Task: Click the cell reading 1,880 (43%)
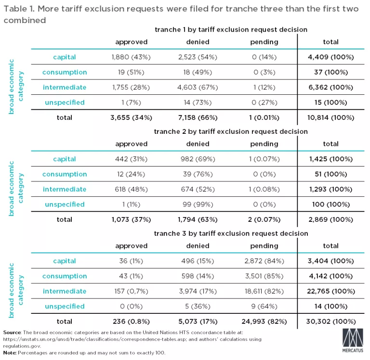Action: click(x=131, y=57)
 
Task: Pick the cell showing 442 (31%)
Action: click(x=131, y=159)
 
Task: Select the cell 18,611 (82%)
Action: click(x=264, y=291)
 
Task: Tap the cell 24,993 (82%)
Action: click(x=264, y=321)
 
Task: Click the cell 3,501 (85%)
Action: click(x=264, y=276)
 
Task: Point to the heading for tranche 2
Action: click(x=230, y=131)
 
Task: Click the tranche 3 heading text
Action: click(x=231, y=233)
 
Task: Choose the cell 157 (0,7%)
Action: click(x=131, y=291)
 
